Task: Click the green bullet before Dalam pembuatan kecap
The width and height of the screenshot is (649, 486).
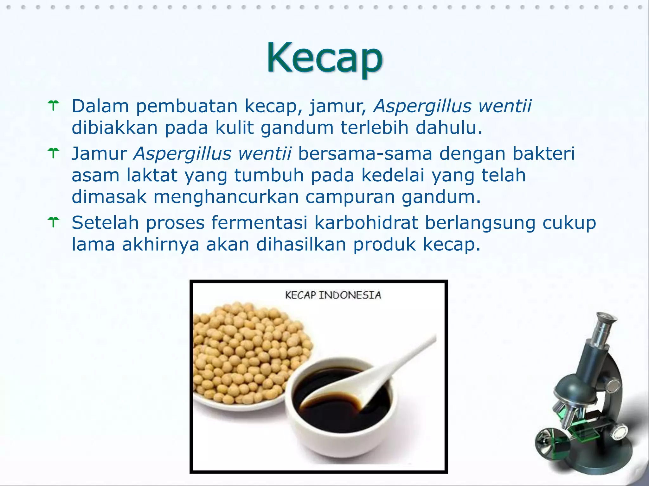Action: click(54, 106)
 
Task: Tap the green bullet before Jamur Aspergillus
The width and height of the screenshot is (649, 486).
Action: click(54, 153)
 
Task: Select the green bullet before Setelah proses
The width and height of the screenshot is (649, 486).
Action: click(54, 222)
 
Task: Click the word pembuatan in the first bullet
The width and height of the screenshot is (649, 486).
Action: click(187, 106)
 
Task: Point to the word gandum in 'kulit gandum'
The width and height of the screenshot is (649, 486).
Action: click(297, 128)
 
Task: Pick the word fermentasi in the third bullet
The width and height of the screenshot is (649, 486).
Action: click(259, 223)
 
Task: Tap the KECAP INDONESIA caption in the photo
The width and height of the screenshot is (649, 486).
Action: click(333, 295)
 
